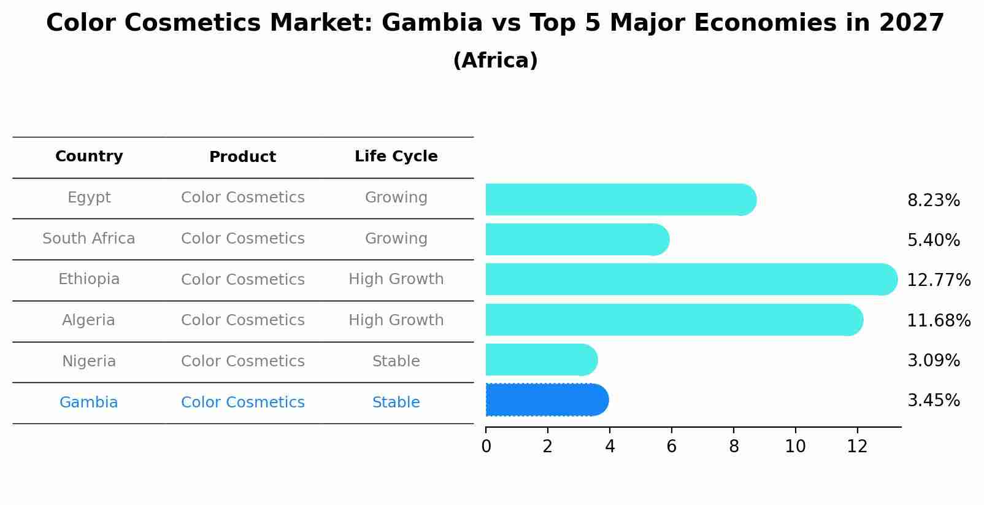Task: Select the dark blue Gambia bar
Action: [x=546, y=400]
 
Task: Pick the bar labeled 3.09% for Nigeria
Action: [x=540, y=360]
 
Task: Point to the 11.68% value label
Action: [x=938, y=320]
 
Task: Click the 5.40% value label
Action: [x=933, y=240]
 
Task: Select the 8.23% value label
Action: [x=933, y=201]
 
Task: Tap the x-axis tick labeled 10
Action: [x=795, y=447]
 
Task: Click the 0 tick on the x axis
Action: [x=486, y=447]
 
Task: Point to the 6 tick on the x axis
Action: [x=671, y=447]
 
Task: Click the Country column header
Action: [x=89, y=156]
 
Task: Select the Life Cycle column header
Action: [x=396, y=156]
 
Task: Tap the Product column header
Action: [x=242, y=157]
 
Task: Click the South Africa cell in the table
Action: [x=89, y=239]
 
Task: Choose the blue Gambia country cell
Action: [x=89, y=403]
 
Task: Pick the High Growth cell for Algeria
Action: [x=396, y=320]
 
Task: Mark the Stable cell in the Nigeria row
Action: [x=396, y=361]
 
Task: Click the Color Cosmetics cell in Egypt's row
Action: [x=242, y=198]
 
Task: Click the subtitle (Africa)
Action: [x=495, y=61]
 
